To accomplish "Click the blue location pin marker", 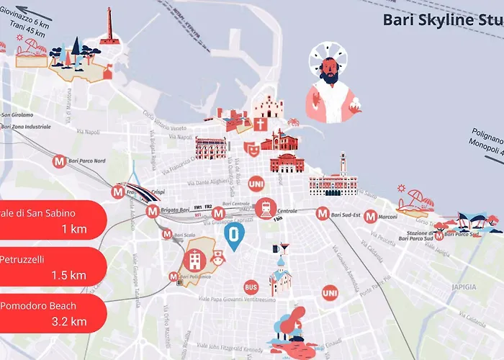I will pos(234,235).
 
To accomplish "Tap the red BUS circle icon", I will pos(251,286).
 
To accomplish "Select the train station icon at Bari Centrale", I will pos(266,208).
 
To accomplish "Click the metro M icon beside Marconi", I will pos(370,216).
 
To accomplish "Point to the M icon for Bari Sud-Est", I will pos(323,213).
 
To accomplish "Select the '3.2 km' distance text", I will pos(69,321).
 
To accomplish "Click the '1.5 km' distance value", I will pos(69,275).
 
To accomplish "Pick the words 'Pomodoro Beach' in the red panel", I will pos(38,306).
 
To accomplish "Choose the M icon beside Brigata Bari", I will pos(152,212).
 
